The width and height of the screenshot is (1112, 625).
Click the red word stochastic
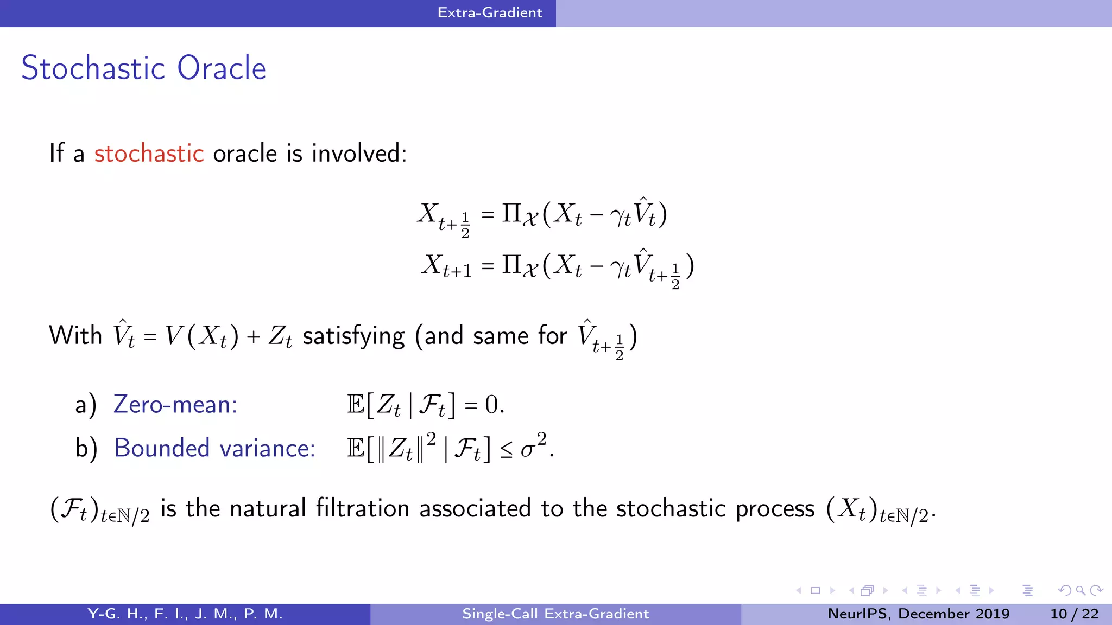tap(149, 154)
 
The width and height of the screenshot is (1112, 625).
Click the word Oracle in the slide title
tap(222, 68)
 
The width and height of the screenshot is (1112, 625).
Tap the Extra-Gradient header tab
tap(490, 12)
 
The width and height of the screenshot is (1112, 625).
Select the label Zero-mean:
tap(175, 405)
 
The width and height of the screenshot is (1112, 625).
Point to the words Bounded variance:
tap(214, 448)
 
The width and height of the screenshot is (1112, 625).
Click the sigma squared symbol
tap(533, 447)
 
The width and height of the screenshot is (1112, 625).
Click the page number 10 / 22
tap(1074, 614)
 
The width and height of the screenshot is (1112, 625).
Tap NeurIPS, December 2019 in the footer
tap(918, 614)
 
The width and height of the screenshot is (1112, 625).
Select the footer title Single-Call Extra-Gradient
tap(555, 614)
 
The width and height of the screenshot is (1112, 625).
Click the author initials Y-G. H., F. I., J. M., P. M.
tap(185, 614)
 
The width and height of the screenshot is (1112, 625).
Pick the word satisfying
tap(353, 336)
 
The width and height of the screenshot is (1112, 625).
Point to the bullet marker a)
tap(86, 405)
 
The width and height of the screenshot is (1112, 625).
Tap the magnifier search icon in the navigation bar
tap(1081, 590)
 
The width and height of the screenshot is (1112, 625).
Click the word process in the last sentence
tap(775, 509)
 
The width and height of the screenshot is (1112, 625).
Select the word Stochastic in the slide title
tap(93, 68)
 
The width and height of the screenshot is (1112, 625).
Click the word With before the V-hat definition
tap(75, 335)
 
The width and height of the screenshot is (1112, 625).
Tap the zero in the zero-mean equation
tap(491, 405)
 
